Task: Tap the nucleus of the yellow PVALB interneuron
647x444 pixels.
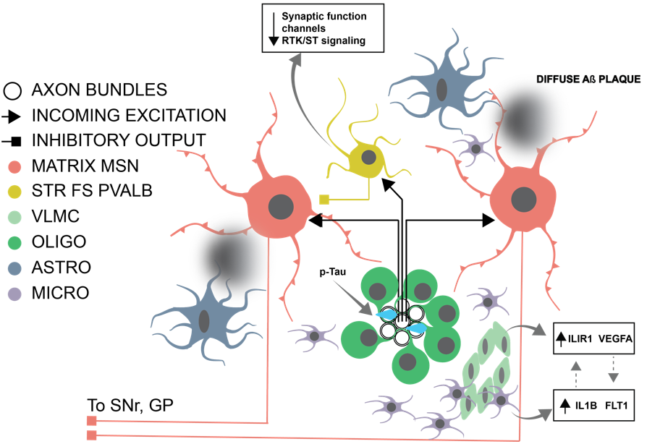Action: pos(368,157)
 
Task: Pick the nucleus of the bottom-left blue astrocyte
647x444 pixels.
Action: pos(204,320)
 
